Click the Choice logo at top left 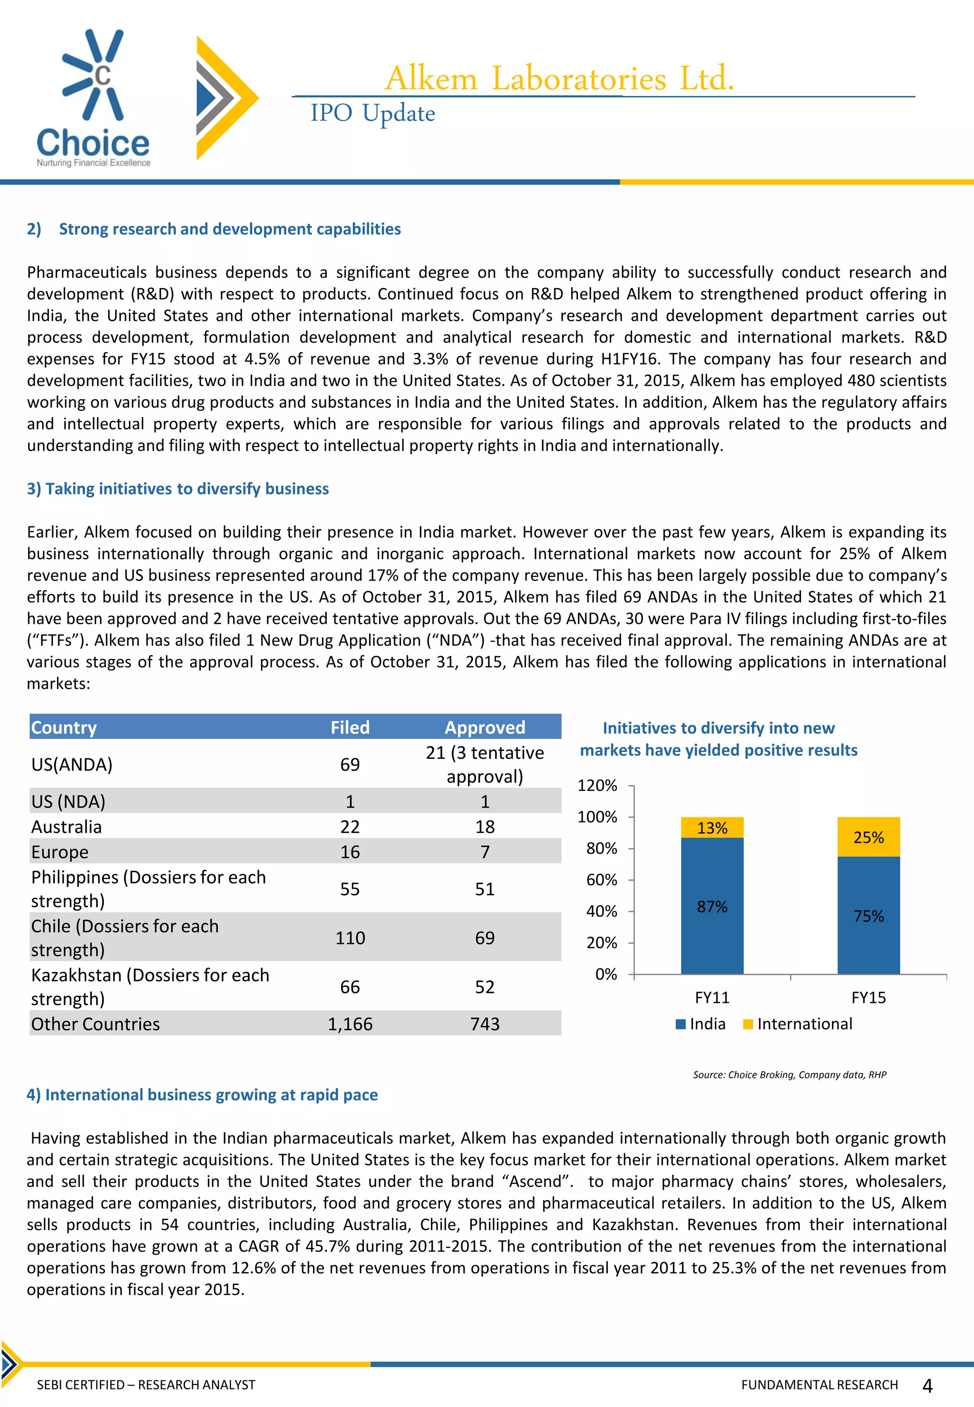click(93, 97)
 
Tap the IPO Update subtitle click(372, 114)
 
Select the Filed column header click(350, 728)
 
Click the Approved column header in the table click(485, 728)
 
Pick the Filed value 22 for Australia click(350, 827)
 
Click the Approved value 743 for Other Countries click(485, 1024)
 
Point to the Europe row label click(60, 852)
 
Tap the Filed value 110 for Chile click(350, 938)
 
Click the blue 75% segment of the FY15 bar click(868, 915)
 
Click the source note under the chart click(789, 1075)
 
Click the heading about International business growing click(202, 1095)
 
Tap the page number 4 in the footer click(927, 1386)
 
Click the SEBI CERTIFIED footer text click(146, 1385)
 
